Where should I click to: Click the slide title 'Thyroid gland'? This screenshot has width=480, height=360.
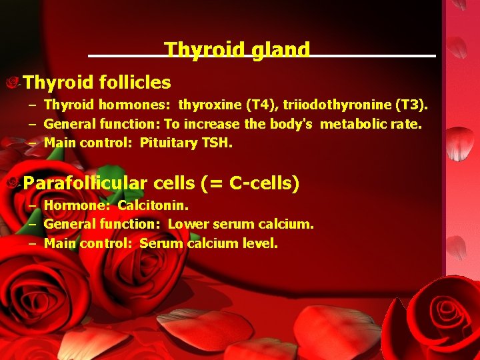pos(237,50)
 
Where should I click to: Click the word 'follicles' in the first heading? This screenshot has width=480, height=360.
pos(135,83)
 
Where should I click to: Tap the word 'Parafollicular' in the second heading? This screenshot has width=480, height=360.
pos(86,183)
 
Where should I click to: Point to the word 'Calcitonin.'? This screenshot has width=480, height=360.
pos(153,206)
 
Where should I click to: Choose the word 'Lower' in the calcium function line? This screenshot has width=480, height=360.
pos(186,225)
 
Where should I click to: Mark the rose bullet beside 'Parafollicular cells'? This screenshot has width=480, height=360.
pos(13,182)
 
